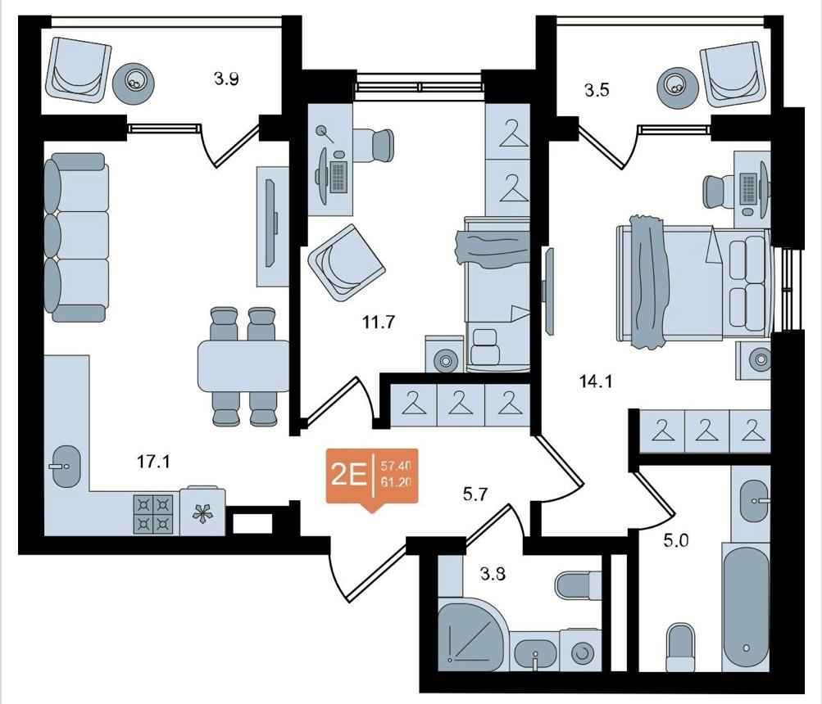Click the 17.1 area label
tap(153, 462)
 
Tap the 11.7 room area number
tap(378, 323)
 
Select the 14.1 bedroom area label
tap(596, 381)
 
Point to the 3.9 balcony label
tap(226, 79)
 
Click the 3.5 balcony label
tap(597, 90)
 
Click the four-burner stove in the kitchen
tap(153, 514)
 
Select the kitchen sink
tap(66, 466)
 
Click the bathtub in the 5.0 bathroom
tap(746, 607)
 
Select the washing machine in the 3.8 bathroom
tap(579, 651)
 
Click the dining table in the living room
tap(243, 366)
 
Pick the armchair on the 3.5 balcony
tap(731, 74)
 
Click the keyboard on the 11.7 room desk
tap(338, 177)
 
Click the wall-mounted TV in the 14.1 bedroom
tap(549, 291)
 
